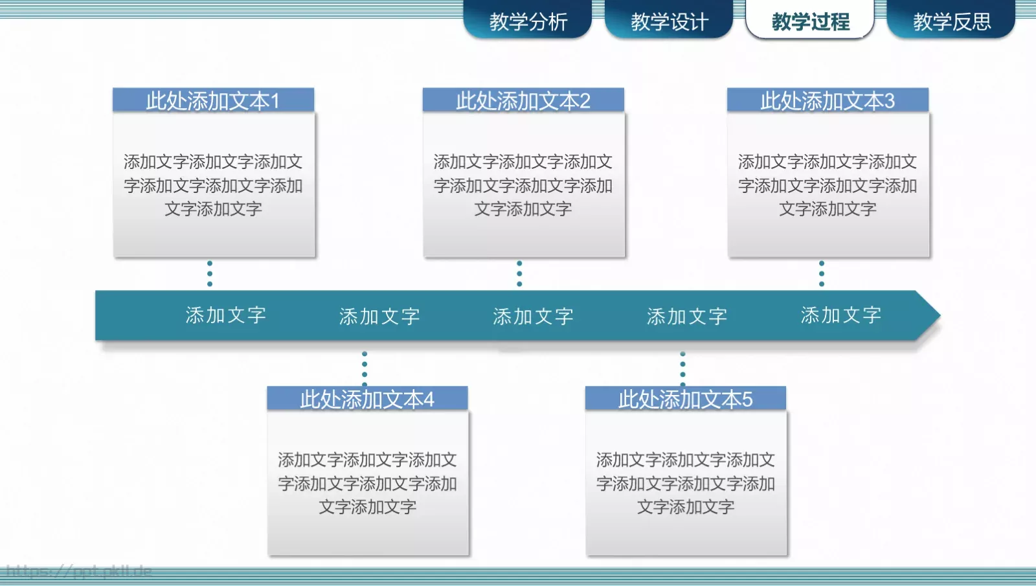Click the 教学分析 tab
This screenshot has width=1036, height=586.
click(x=528, y=21)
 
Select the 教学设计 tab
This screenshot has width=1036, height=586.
click(x=669, y=21)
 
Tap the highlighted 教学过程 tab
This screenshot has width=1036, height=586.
click(x=810, y=21)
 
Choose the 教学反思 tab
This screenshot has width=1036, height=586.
click(x=951, y=21)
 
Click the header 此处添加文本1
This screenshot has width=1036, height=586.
click(x=213, y=101)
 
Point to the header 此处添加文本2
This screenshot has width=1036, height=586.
click(x=523, y=101)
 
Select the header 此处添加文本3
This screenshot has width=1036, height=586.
click(x=828, y=101)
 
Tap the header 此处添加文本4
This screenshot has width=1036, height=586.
click(x=367, y=399)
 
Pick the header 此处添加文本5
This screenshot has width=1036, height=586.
click(x=685, y=399)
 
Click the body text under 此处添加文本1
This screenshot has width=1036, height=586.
click(x=213, y=185)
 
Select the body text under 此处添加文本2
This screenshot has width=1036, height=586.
click(x=523, y=185)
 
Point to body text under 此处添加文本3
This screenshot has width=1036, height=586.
click(x=828, y=185)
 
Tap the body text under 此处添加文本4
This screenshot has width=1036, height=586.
click(x=367, y=483)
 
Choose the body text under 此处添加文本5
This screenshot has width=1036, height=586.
click(x=685, y=483)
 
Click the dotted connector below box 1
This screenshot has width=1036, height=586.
click(x=210, y=273)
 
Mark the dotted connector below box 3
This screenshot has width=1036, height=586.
click(x=822, y=273)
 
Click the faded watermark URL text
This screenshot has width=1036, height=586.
click(x=78, y=571)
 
